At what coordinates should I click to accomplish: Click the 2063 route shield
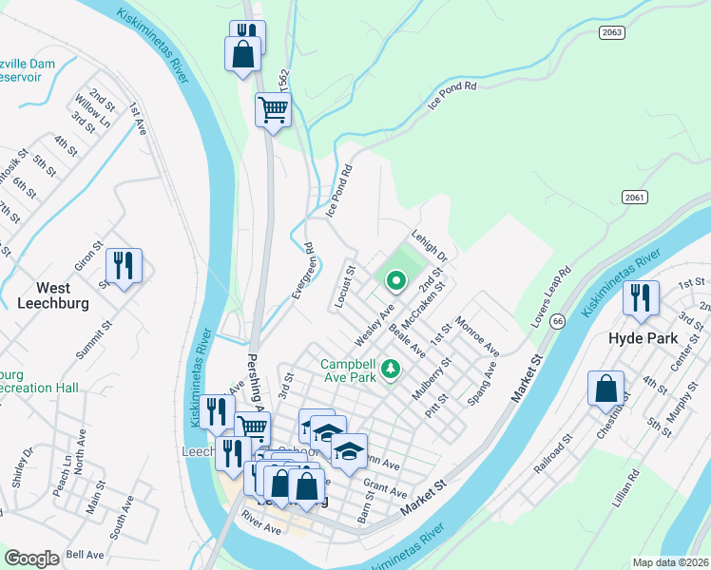[611, 32]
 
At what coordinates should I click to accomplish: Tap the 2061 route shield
[636, 197]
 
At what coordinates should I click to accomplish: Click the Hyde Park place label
[643, 338]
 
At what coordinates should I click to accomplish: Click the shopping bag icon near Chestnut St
[605, 389]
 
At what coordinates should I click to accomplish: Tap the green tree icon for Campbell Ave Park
[389, 369]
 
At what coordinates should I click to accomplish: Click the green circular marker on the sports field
[396, 280]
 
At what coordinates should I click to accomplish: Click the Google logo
[31, 559]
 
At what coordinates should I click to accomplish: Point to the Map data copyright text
[669, 562]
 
